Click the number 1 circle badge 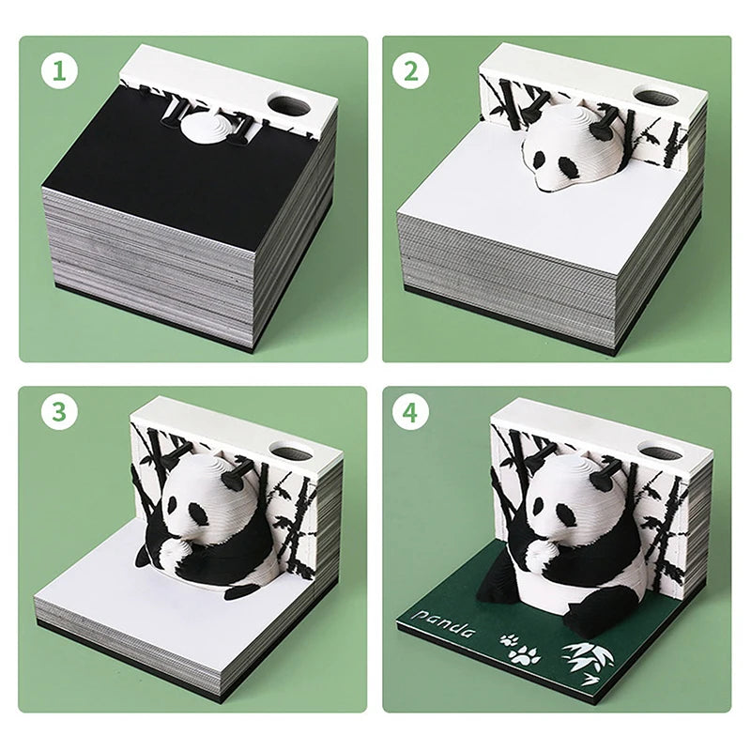[58, 71]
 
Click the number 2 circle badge [410, 71]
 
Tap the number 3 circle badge [58, 413]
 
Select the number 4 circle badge [410, 413]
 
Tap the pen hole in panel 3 [294, 454]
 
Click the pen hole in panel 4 [660, 451]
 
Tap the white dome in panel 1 [204, 129]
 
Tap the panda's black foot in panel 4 [601, 610]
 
